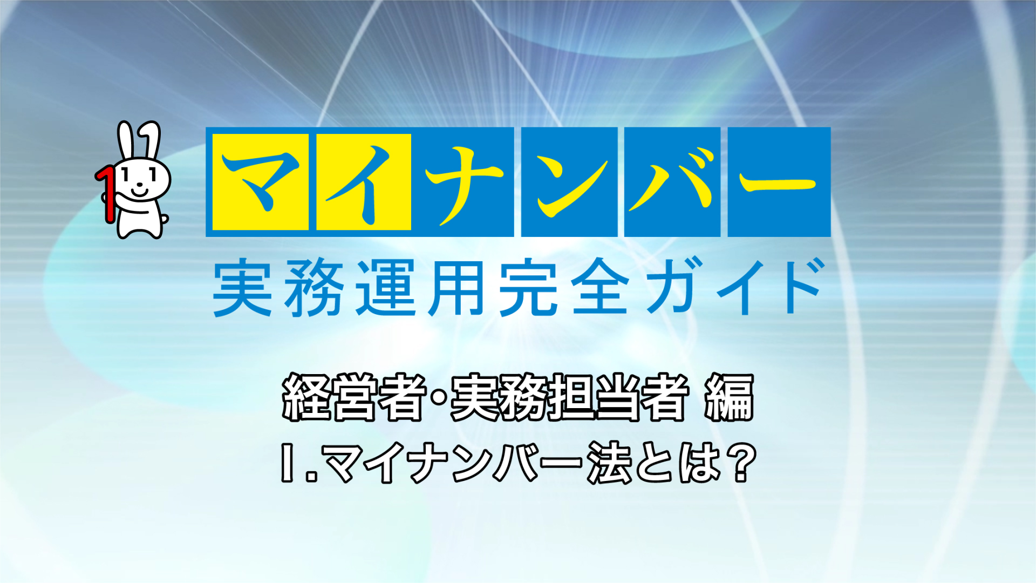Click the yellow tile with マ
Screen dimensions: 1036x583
(260, 182)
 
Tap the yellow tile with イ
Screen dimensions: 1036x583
(364, 182)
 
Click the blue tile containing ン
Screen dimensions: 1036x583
(569, 182)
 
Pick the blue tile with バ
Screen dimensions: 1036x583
(672, 182)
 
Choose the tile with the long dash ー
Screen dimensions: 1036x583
(779, 182)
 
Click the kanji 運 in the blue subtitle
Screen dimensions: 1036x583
(386, 287)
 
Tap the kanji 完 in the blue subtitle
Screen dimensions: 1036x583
(528, 287)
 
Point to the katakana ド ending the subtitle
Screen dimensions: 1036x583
(799, 286)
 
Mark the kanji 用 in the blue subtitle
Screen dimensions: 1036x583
(456, 287)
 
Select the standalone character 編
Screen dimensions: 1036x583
(729, 397)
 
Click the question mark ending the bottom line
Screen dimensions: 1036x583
(740, 462)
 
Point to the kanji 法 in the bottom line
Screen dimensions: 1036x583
(609, 462)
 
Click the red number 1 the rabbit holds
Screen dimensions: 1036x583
(107, 194)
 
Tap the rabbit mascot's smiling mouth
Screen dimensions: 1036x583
(139, 190)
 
